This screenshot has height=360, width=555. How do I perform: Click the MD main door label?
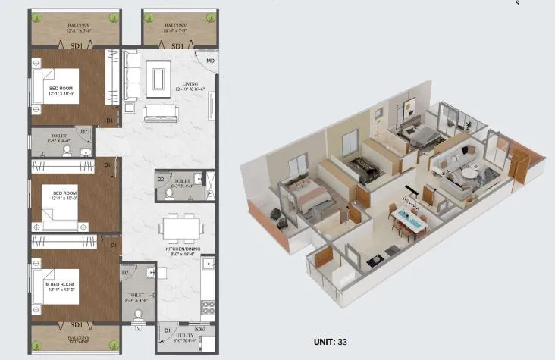[210, 61]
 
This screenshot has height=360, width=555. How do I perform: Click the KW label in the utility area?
[199, 327]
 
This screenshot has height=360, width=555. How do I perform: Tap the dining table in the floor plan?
[182, 227]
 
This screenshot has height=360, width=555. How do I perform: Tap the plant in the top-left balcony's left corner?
[37, 17]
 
